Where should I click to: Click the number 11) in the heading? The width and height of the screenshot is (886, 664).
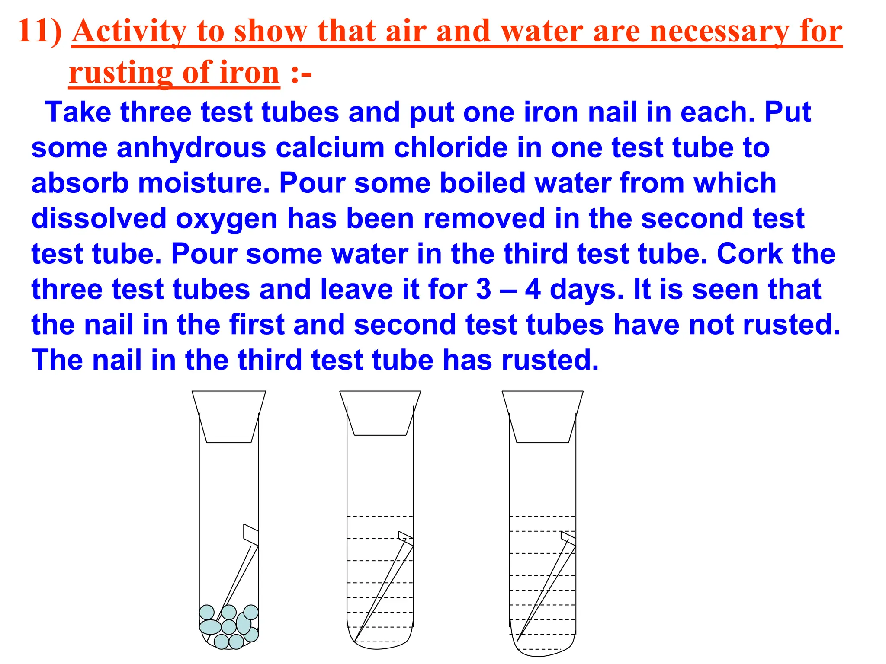click(40, 31)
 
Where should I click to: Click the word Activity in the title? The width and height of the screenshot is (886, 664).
click(129, 32)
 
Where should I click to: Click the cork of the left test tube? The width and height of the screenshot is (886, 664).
click(229, 416)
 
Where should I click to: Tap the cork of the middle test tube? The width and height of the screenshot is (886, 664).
click(380, 413)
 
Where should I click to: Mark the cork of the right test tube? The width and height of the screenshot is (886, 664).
click(543, 416)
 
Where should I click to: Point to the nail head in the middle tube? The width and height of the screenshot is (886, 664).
click(405, 536)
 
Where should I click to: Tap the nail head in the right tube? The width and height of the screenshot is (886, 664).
click(568, 536)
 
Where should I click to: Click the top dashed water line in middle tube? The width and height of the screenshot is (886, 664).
click(380, 516)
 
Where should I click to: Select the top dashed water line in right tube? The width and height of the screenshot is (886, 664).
click(543, 516)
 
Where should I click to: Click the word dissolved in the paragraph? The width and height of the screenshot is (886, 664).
click(99, 218)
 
